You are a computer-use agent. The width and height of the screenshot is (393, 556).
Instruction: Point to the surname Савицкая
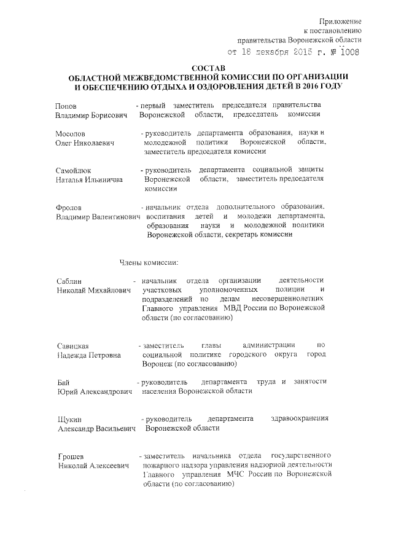[72, 345]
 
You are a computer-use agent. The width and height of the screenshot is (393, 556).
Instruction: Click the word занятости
[310, 382]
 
